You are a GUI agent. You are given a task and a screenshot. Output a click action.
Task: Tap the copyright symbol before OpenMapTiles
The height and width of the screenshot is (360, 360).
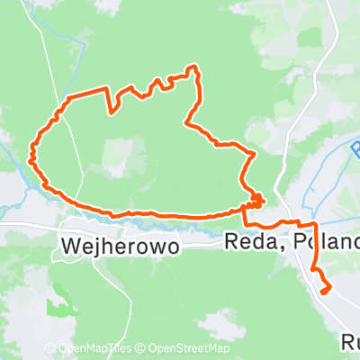50,349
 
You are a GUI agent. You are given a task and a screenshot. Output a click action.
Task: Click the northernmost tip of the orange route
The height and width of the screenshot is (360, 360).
191,67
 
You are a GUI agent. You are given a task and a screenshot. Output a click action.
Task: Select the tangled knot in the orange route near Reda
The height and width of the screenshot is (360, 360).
257,199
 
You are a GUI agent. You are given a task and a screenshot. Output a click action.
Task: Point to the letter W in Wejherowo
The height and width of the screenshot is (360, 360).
71,244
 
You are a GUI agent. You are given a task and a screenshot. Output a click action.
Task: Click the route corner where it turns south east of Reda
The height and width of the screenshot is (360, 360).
313,223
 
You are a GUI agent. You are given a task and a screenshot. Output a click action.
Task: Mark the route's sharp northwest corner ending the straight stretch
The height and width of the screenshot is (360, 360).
68,97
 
